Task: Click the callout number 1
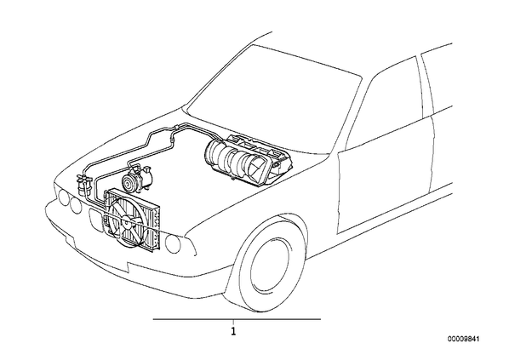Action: click(233, 332)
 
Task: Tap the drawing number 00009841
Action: click(463, 339)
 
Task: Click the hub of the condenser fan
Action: click(126, 222)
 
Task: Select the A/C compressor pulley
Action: click(129, 182)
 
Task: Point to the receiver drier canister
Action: click(83, 187)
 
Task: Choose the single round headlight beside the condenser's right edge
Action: click(173, 243)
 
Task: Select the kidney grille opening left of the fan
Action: click(95, 219)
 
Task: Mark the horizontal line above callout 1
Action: click(237, 319)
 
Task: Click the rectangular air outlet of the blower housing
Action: click(258, 169)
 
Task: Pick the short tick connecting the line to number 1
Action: click(233, 323)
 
